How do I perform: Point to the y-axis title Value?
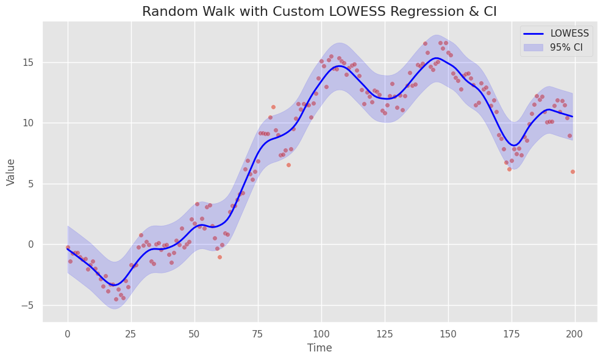pyautogui.click(x=11, y=171)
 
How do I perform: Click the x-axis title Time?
pyautogui.click(x=319, y=348)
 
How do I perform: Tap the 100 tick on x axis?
pyautogui.click(x=321, y=333)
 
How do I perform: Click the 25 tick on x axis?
pyautogui.click(x=131, y=333)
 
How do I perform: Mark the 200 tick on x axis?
pyautogui.click(x=574, y=333)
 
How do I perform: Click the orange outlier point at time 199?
pyautogui.click(x=573, y=171)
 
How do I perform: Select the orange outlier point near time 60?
pyautogui.click(x=219, y=257)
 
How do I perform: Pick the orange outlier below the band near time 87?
pyautogui.click(x=288, y=165)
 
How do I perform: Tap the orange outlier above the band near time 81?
pyautogui.click(x=273, y=107)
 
